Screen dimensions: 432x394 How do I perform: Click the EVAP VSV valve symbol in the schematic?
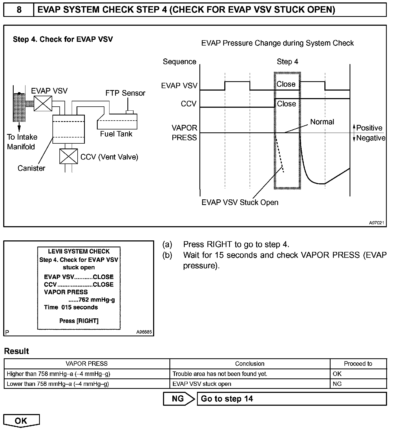[x=43, y=103]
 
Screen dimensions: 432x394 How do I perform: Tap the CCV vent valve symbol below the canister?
[x=69, y=156]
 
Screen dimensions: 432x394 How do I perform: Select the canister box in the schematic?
[x=69, y=129]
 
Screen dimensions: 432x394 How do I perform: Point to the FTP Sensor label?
[x=125, y=93]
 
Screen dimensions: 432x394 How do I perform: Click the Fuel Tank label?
[x=116, y=134]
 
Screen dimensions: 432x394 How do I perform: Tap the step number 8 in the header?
[x=19, y=10]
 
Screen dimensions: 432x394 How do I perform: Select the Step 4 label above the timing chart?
[x=287, y=62]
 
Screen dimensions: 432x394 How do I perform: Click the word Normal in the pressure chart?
[x=322, y=122]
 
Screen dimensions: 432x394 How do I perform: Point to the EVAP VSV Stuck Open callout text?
[x=240, y=202]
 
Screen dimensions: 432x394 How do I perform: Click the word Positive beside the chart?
[x=369, y=128]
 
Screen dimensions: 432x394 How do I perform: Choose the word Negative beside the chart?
[x=371, y=138]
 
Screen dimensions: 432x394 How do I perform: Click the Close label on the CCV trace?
[x=286, y=104]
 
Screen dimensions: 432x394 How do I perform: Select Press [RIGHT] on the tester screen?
[x=79, y=321]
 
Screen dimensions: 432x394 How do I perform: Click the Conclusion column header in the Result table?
[x=249, y=364]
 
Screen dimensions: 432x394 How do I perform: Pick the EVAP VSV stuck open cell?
[x=202, y=384]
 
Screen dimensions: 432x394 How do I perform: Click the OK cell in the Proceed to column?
[x=337, y=374]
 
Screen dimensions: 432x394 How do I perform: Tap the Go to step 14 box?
[x=292, y=399]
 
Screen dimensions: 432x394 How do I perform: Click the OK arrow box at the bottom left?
[x=21, y=421]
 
